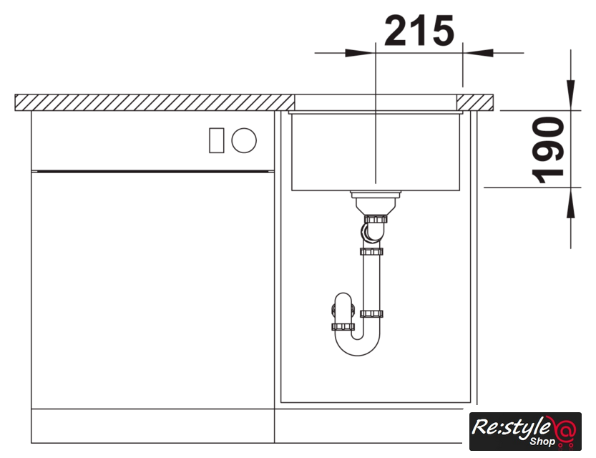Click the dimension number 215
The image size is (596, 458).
coord(419,30)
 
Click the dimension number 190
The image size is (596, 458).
coord(548,150)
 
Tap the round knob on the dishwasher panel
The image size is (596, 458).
coord(244,140)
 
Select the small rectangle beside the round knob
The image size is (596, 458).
coord(216,141)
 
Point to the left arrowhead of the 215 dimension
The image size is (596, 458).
coord(358,53)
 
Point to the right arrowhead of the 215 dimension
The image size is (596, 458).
coord(478,53)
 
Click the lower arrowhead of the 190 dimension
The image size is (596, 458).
coord(570,203)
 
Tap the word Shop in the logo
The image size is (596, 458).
coord(542,442)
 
